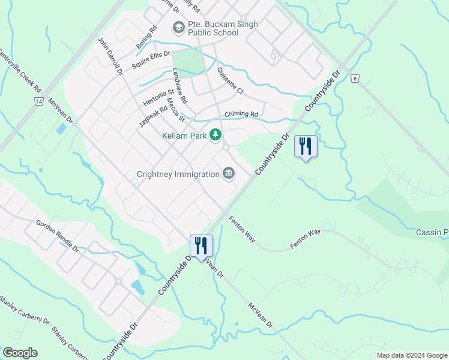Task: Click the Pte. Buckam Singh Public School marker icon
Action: point(178,27)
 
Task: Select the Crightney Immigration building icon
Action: point(229,173)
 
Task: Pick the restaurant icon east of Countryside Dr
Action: point(306,146)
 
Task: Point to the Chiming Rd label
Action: point(241,114)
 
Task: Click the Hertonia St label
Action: point(158,98)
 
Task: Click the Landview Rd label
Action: point(180,85)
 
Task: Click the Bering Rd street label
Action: point(145,37)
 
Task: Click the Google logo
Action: point(20,353)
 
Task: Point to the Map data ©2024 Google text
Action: point(411,355)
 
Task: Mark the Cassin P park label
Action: point(432,232)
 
